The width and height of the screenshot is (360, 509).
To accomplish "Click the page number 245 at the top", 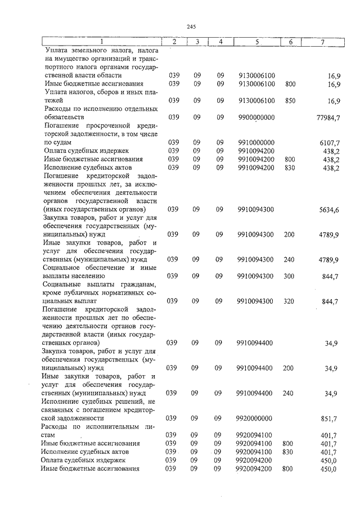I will [x=191, y=26].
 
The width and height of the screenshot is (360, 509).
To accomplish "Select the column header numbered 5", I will [x=256, y=42].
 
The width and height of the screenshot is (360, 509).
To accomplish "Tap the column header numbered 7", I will [x=322, y=42].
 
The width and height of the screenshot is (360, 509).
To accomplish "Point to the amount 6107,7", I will [x=330, y=143].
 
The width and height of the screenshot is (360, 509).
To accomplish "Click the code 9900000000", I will [x=256, y=117].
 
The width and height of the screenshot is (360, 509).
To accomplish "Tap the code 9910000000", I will [x=256, y=142].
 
